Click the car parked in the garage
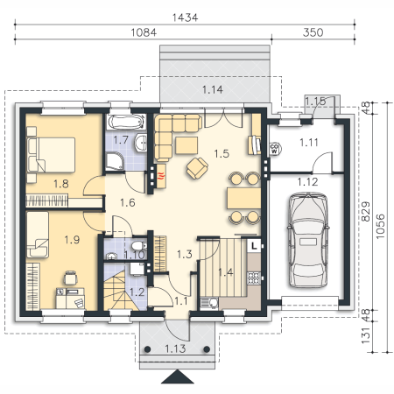(x=308, y=240)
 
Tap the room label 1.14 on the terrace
(x=213, y=89)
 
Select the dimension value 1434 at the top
(x=185, y=18)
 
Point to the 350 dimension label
(x=313, y=32)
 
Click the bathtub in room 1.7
(x=126, y=122)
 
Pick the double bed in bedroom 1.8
(x=51, y=155)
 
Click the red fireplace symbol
(x=161, y=176)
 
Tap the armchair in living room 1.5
(x=197, y=168)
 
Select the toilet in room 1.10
(x=138, y=245)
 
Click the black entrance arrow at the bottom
(x=178, y=376)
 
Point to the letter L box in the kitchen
(x=254, y=245)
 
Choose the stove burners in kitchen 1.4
(x=254, y=278)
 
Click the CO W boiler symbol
(x=274, y=149)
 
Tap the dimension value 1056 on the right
(x=380, y=227)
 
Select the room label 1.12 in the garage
(x=307, y=182)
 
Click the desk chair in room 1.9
(x=70, y=278)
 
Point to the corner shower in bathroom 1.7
(x=115, y=161)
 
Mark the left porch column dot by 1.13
(x=147, y=349)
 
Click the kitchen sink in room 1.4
(x=209, y=303)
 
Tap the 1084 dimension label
(x=144, y=32)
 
